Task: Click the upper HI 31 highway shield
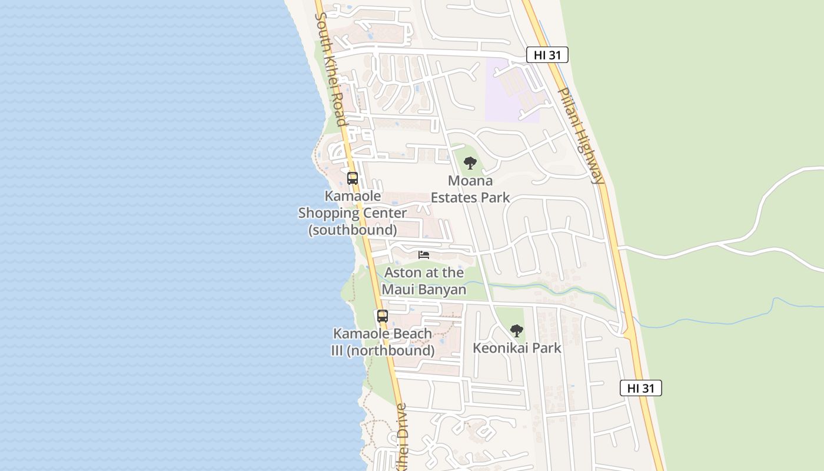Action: pyautogui.click(x=547, y=55)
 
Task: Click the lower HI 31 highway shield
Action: pyautogui.click(x=640, y=388)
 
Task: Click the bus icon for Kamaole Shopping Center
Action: pyautogui.click(x=353, y=178)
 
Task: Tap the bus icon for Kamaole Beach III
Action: pyautogui.click(x=383, y=316)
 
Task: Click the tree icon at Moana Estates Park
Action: pyautogui.click(x=470, y=163)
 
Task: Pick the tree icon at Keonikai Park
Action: pyautogui.click(x=517, y=330)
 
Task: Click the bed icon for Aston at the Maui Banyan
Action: pyautogui.click(x=424, y=255)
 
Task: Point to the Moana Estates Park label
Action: pyautogui.click(x=470, y=189)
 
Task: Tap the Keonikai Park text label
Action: pyautogui.click(x=517, y=348)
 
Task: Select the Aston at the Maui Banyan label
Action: pyautogui.click(x=424, y=281)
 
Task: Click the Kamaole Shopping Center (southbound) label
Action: pyautogui.click(x=353, y=213)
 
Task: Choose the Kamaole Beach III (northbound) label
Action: pyautogui.click(x=383, y=342)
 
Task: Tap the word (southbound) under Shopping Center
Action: pyautogui.click(x=353, y=230)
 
